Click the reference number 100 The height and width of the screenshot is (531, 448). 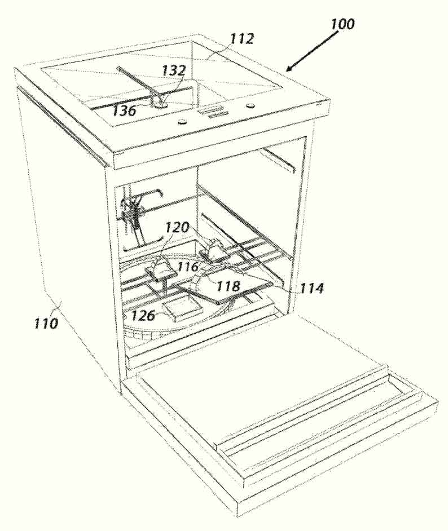pos(342,24)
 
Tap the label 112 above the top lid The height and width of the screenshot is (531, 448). pos(242,38)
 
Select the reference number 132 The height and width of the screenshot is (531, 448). pos(174,70)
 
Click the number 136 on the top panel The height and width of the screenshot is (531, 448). pos(124,110)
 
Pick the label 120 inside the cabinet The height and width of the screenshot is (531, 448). pos(177,227)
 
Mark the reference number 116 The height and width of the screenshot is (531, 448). pos(188,267)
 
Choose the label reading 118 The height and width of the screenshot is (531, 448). pos(228,286)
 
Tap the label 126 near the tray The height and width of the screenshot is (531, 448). pos(143,316)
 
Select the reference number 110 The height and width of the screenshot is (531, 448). pos(46,323)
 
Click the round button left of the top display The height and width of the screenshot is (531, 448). pos(182,121)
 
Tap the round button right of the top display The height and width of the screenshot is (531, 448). pos(251,105)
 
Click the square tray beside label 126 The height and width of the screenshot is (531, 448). pos(183,307)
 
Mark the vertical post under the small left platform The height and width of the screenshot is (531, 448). pos(164,285)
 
